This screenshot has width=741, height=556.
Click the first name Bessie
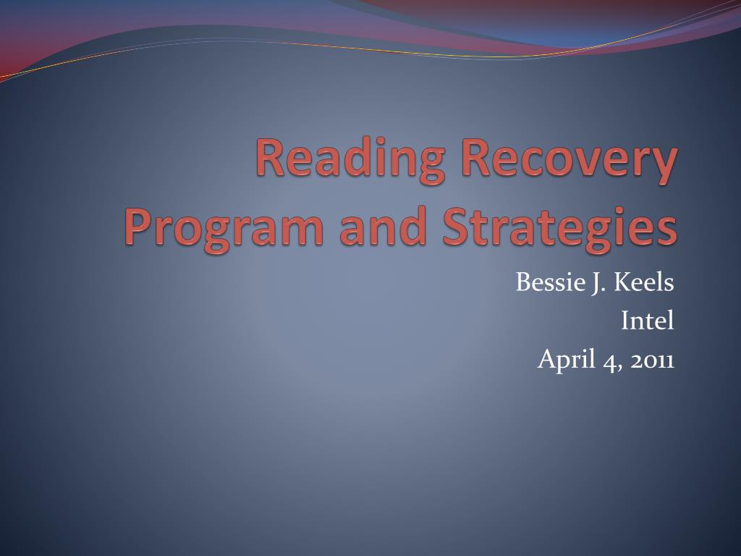545,283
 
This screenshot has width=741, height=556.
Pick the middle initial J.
598,283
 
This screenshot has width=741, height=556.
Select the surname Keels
644,283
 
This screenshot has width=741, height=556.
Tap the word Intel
648,320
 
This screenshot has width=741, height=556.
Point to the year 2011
652,358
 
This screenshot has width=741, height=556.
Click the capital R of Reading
271,159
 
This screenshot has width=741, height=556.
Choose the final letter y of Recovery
666,165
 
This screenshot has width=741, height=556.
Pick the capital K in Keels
623,283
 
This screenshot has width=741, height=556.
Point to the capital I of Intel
625,320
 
